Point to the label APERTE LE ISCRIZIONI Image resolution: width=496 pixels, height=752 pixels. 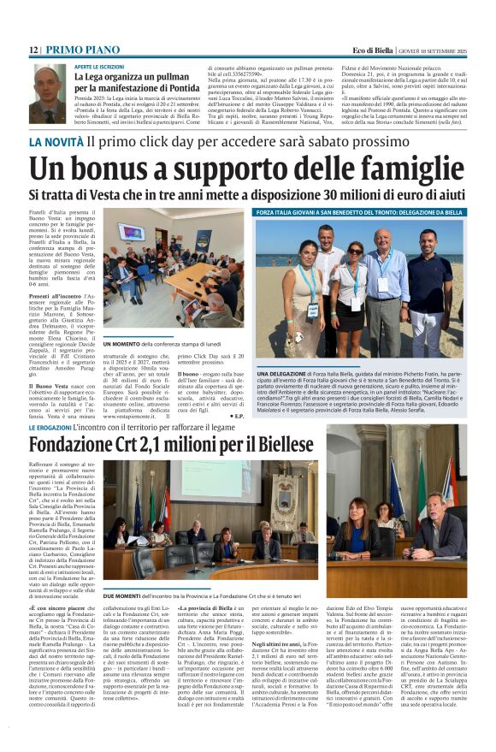tap(99, 66)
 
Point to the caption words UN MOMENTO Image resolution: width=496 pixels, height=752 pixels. tap(119, 343)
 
